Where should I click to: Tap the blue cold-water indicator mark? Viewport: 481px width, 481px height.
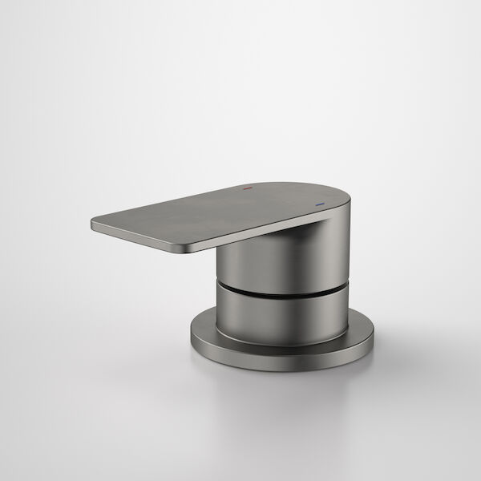[x=322, y=204]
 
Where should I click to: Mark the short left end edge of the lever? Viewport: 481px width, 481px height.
[x=91, y=227]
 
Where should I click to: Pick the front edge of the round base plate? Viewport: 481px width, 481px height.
[x=281, y=365]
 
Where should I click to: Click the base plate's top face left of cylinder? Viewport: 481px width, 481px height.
[x=204, y=329]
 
